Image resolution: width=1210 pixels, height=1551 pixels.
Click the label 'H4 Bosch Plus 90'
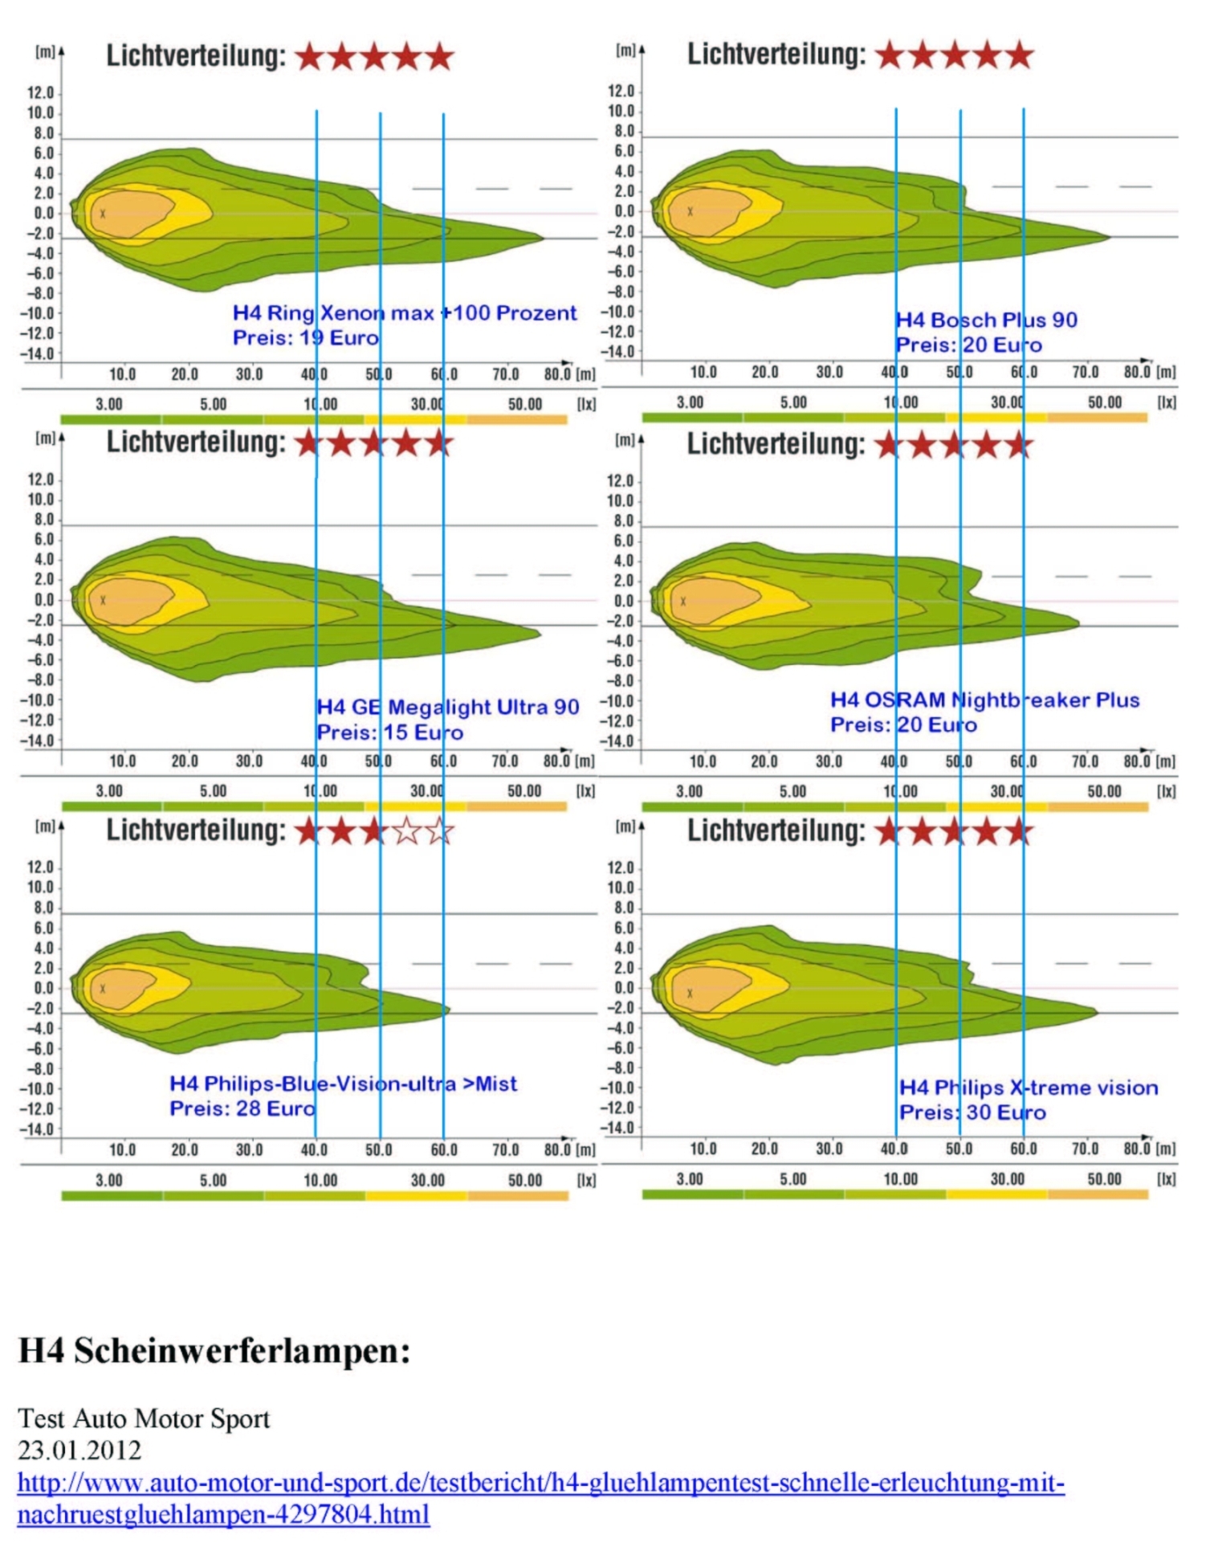click(987, 320)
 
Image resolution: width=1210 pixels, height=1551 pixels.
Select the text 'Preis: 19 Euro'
click(306, 337)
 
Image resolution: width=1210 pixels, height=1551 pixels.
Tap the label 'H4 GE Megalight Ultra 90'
click(448, 707)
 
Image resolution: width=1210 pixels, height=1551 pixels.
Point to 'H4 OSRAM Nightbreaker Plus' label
click(985, 700)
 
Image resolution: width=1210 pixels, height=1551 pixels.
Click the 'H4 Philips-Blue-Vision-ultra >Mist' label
click(344, 1084)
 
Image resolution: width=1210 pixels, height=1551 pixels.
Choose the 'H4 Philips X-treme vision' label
click(1029, 1088)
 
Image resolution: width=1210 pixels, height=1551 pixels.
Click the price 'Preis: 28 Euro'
click(242, 1108)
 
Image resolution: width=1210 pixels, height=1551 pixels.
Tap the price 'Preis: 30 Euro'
click(972, 1112)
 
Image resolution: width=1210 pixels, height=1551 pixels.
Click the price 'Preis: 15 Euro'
click(390, 732)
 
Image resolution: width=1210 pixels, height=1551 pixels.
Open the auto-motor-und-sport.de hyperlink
click(540, 1482)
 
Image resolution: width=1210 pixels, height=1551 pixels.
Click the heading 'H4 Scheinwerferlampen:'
click(214, 1351)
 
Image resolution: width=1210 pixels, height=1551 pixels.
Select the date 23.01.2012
click(79, 1450)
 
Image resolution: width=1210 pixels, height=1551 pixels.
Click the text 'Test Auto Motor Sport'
click(144, 1418)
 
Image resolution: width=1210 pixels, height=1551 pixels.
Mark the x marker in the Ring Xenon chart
click(103, 214)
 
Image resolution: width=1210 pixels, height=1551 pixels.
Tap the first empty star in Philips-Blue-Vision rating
click(407, 831)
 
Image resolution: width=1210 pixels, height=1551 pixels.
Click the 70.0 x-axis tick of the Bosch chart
click(1085, 372)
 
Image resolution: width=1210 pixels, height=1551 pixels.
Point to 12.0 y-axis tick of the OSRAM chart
click(620, 481)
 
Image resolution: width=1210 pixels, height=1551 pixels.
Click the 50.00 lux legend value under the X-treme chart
click(1104, 1178)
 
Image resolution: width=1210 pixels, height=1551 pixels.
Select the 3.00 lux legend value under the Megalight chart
click(109, 790)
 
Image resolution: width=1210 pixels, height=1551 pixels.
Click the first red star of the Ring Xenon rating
click(310, 57)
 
